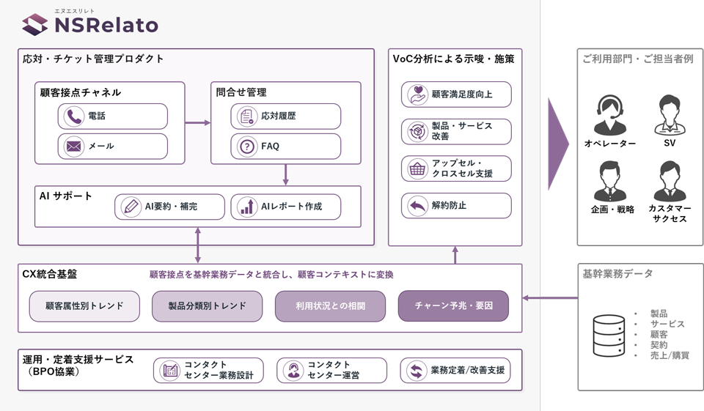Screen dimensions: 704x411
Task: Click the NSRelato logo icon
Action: pos(34,24)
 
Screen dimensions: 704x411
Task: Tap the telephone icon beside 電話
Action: pos(73,116)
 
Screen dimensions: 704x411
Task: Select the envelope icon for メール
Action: pos(73,147)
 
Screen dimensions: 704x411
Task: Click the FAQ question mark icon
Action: pos(247,147)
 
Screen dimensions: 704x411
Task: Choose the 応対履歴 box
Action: pos(285,116)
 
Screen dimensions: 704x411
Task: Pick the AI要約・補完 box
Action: pos(169,207)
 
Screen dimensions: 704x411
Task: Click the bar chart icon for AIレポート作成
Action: pos(247,207)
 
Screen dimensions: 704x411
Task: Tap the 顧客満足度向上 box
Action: pos(456,95)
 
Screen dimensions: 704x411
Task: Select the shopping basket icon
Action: pos(417,169)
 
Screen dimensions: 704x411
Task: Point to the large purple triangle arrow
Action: pos(557,144)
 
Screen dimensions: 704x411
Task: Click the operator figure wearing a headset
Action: pos(609,115)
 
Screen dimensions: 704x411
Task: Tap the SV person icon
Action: pos(670,115)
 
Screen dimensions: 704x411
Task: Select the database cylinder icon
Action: pos(609,336)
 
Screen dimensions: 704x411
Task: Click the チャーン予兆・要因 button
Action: pos(453,306)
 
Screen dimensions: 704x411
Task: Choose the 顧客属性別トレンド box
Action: pos(84,306)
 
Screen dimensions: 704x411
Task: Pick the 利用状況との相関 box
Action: pos(331,306)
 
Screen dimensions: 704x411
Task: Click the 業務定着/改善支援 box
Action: pos(455,371)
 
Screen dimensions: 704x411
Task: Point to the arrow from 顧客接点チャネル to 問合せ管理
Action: pos(197,122)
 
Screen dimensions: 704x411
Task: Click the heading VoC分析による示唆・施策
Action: pos(453,59)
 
